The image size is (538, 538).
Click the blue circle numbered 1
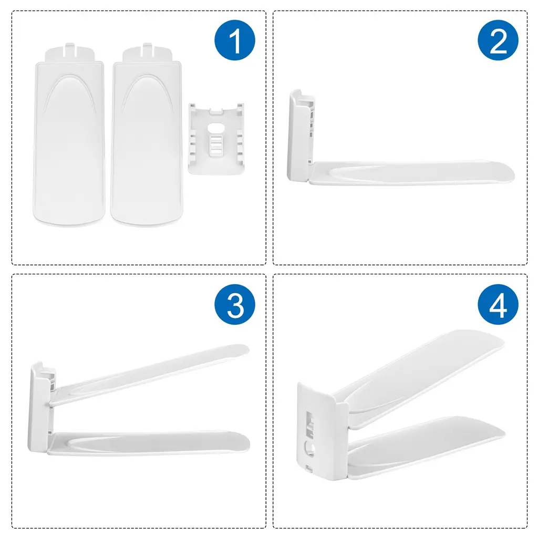235,40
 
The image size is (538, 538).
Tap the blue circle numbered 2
498,40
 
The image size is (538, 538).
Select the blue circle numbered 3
235,304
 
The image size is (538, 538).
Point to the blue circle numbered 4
498,304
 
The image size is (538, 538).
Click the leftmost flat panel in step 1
69,137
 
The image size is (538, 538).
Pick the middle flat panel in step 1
147,137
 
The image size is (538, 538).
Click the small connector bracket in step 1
216,139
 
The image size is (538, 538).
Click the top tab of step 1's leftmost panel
70,52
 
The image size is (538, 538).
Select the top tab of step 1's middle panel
147,52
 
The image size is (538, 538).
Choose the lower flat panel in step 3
148,443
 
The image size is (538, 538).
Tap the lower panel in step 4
426,446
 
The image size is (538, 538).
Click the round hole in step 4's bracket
309,449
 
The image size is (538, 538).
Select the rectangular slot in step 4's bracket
309,424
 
